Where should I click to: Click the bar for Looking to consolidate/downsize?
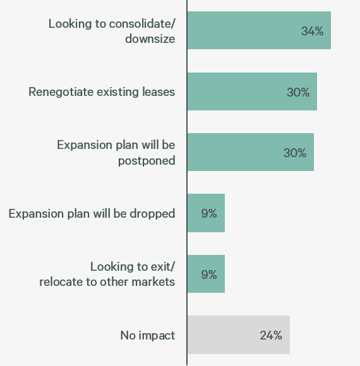pyautogui.click(x=259, y=30)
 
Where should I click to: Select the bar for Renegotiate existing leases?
pyautogui.click(x=252, y=91)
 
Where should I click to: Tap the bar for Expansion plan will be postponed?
pyautogui.click(x=250, y=152)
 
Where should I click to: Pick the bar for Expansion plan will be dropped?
pyautogui.click(x=206, y=213)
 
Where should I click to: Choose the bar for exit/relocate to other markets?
pyautogui.click(x=206, y=274)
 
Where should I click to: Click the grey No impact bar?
pyautogui.click(x=238, y=335)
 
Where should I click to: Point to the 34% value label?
pyautogui.click(x=312, y=31)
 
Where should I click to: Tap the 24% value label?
pyautogui.click(x=270, y=336)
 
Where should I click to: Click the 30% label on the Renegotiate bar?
pyautogui.click(x=298, y=92)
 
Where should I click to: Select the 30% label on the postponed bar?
pyautogui.click(x=295, y=153)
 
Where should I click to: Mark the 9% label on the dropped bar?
pyautogui.click(x=209, y=214)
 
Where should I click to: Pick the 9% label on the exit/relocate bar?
pyautogui.click(x=209, y=274)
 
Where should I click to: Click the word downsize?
pyautogui.click(x=150, y=38)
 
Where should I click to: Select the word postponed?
pyautogui.click(x=147, y=161)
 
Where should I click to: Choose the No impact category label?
pyautogui.click(x=147, y=336)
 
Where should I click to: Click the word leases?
pyautogui.click(x=159, y=92)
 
